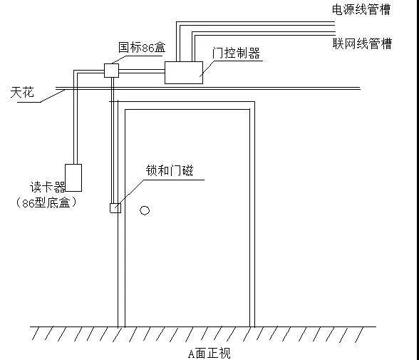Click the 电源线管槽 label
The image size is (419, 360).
pos(361,9)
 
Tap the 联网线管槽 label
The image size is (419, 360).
pos(362,43)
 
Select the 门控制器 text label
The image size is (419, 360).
pos(236,53)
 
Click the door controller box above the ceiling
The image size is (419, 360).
pos(184,73)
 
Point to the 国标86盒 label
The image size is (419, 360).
pos(142,47)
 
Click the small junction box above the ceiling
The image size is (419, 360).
pos(111,71)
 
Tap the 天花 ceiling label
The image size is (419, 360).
pos(22,92)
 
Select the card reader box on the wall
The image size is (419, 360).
pos(73,178)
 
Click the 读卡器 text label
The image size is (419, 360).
pos(48,187)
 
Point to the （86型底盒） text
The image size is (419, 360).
pos(46,203)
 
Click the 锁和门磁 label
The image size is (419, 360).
pos(170,170)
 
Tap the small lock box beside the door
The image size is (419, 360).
pos(115,208)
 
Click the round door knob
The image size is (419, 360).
pos(145,210)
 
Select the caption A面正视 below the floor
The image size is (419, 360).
pos(209,354)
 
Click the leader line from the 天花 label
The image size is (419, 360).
pos(53,96)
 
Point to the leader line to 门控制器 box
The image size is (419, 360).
pos(207,68)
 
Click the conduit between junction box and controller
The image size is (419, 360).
pos(142,71)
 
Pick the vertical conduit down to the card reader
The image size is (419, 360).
pos(76,118)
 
